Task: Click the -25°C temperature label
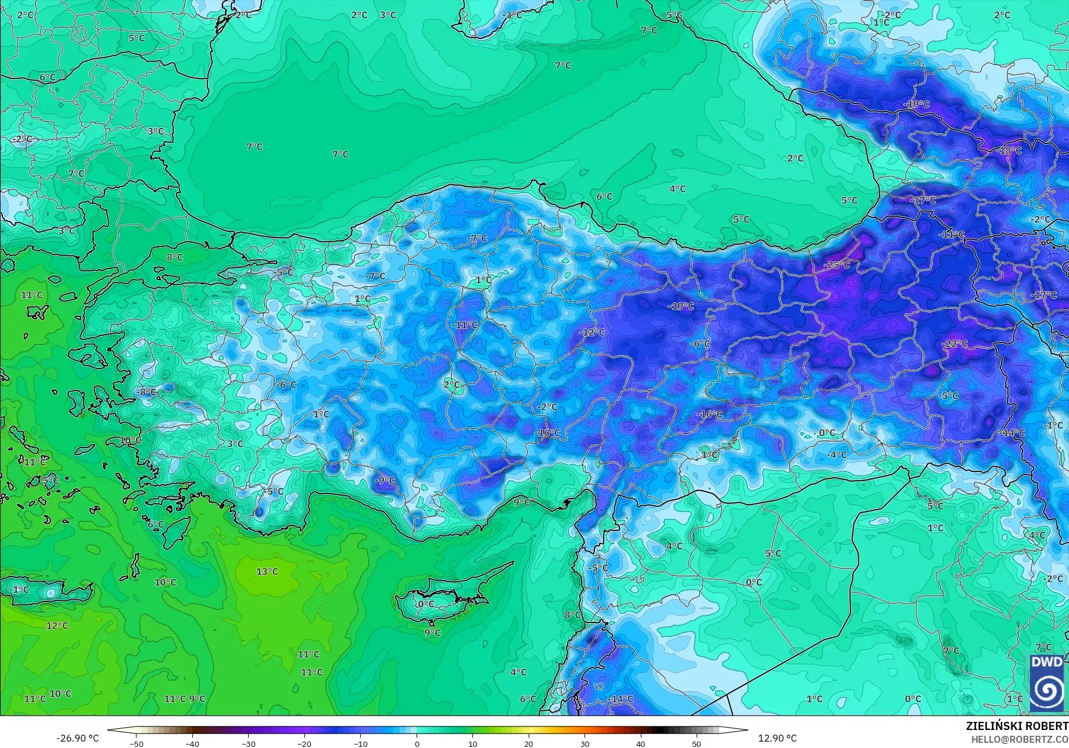click(837, 265)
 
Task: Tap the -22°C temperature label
click(955, 344)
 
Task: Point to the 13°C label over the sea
click(267, 571)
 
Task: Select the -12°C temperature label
click(591, 332)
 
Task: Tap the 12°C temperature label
click(57, 625)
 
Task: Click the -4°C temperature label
click(837, 454)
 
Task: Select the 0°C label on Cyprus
click(426, 604)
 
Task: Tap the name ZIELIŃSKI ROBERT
click(1017, 726)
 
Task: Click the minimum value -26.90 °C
click(77, 738)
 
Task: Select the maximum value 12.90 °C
click(777, 738)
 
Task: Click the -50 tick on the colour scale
click(136, 744)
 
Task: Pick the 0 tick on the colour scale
click(417, 744)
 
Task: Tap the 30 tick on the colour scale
click(584, 744)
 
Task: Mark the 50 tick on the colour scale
click(697, 744)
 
